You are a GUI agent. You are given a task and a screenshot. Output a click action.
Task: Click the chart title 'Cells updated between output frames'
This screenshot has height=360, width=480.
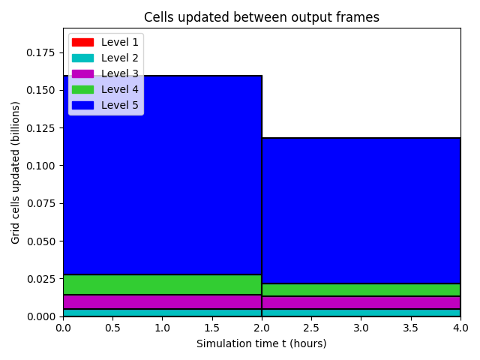tap(262, 17)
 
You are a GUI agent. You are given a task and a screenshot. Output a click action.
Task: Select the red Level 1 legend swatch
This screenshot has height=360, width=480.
tap(82, 42)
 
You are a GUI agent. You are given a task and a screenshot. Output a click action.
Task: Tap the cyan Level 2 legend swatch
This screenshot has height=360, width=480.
tap(82, 58)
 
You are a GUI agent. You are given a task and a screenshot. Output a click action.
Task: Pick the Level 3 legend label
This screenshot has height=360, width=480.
tap(120, 73)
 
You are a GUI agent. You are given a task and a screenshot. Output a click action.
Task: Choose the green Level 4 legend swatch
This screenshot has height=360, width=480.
tap(82, 90)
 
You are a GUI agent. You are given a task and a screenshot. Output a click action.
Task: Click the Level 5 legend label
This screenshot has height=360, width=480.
tap(120, 105)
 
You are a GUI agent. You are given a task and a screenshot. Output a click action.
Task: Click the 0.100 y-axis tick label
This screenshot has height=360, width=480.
tap(40, 166)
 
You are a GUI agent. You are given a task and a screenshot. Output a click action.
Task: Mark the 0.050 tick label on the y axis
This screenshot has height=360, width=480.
tap(40, 241)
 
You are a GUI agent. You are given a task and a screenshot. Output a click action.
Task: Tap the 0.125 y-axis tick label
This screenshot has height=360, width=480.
tap(40, 128)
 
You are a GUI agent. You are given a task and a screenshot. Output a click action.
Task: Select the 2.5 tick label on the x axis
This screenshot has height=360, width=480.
tap(311, 328)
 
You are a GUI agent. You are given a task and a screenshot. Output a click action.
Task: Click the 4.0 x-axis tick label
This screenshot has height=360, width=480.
tap(460, 328)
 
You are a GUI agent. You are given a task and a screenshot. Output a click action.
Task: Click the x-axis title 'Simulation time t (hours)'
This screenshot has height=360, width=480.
tap(262, 343)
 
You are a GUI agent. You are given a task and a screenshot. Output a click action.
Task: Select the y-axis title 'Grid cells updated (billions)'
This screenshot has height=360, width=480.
tap(15, 172)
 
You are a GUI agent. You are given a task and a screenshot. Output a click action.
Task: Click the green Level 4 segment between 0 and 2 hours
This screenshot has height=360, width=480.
tap(162, 285)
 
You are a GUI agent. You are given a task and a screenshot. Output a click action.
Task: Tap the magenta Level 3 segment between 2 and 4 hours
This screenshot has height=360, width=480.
tap(361, 303)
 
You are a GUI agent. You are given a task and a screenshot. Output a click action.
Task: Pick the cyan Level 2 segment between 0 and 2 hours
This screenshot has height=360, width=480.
tap(162, 313)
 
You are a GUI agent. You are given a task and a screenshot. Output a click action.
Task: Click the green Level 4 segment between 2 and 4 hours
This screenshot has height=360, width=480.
tap(361, 290)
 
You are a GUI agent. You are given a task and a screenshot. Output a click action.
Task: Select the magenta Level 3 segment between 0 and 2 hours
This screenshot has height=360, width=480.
tap(162, 302)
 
